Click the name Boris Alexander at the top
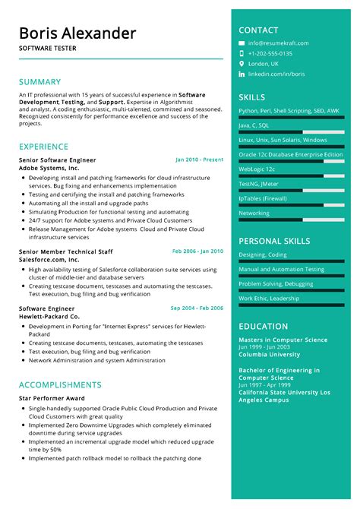[77, 33]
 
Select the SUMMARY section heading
[39, 81]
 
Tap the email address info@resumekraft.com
[278, 43]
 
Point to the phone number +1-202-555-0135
[270, 54]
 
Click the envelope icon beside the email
[242, 43]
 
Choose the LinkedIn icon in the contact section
[242, 74]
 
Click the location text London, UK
[264, 65]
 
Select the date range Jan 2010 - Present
[199, 160]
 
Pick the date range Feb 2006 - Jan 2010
[197, 251]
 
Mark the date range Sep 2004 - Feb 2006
[197, 308]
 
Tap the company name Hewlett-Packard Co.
[49, 316]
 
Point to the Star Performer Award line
[52, 398]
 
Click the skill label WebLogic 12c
[257, 169]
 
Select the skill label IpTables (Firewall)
[263, 198]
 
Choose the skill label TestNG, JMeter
[258, 184]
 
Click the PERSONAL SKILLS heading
[274, 241]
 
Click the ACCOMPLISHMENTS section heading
[60, 384]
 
